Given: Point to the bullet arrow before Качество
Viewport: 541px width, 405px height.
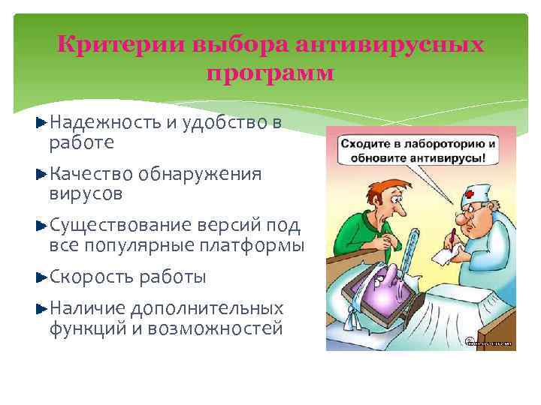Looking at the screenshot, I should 41,174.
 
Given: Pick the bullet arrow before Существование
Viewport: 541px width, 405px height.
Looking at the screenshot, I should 41,224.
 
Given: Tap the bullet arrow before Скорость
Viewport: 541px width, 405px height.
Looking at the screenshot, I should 41,277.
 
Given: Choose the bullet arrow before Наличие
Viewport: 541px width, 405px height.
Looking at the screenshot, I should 41,308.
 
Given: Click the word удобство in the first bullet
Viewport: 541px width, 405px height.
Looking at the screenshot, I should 216,122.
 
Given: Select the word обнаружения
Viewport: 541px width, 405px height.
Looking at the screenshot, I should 199,175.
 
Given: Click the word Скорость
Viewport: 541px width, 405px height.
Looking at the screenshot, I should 90,277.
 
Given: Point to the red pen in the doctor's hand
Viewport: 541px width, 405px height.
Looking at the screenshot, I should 454,238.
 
